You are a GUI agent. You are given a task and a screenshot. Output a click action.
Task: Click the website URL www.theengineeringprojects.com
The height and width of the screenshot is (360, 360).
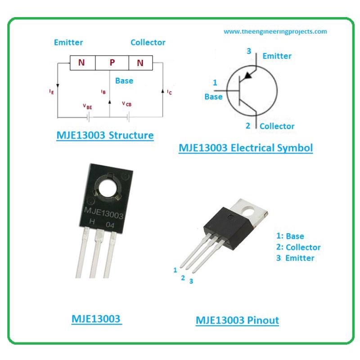tap(275, 31)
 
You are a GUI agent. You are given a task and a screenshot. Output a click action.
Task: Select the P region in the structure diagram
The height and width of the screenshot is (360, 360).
tap(112, 63)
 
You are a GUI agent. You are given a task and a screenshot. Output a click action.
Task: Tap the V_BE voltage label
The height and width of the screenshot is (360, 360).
tap(87, 106)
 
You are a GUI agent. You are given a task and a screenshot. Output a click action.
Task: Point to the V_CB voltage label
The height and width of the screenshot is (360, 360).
tap(127, 103)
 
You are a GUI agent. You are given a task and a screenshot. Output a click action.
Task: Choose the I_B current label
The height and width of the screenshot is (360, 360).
tap(103, 92)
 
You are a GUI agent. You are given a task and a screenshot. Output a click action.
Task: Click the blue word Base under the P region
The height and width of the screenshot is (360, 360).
tap(124, 81)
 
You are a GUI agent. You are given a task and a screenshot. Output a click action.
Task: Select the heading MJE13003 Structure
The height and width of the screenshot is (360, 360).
tap(105, 135)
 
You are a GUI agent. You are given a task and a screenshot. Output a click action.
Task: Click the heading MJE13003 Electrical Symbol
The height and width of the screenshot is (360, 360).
tap(246, 147)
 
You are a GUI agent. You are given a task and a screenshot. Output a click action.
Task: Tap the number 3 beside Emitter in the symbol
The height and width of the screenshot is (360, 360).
tap(248, 51)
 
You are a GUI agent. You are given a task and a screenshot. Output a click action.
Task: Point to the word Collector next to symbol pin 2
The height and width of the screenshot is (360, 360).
tap(277, 126)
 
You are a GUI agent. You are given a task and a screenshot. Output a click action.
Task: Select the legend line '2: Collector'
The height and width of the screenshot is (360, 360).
tap(298, 247)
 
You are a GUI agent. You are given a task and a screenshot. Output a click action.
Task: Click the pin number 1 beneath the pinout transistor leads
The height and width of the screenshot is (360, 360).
tap(175, 270)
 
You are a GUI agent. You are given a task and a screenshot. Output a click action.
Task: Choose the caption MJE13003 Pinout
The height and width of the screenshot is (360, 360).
tap(237, 320)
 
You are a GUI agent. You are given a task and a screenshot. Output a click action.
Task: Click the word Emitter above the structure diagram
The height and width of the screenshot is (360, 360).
tap(68, 42)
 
